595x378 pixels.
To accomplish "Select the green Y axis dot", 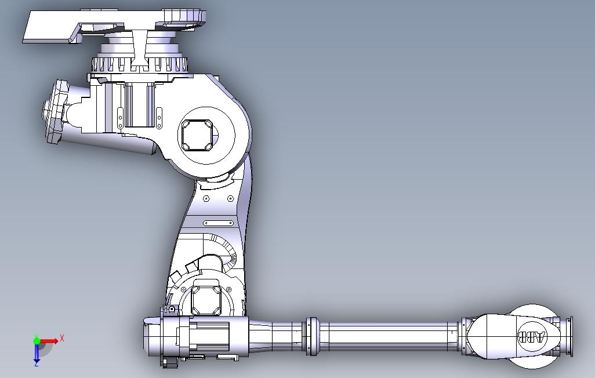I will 37,341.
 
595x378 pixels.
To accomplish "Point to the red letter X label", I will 62,337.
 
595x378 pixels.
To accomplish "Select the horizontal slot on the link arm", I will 219,223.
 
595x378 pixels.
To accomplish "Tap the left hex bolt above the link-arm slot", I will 206,198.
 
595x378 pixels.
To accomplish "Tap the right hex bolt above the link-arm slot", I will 230,198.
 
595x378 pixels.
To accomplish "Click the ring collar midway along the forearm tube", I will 313,336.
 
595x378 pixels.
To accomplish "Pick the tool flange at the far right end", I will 569,337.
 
